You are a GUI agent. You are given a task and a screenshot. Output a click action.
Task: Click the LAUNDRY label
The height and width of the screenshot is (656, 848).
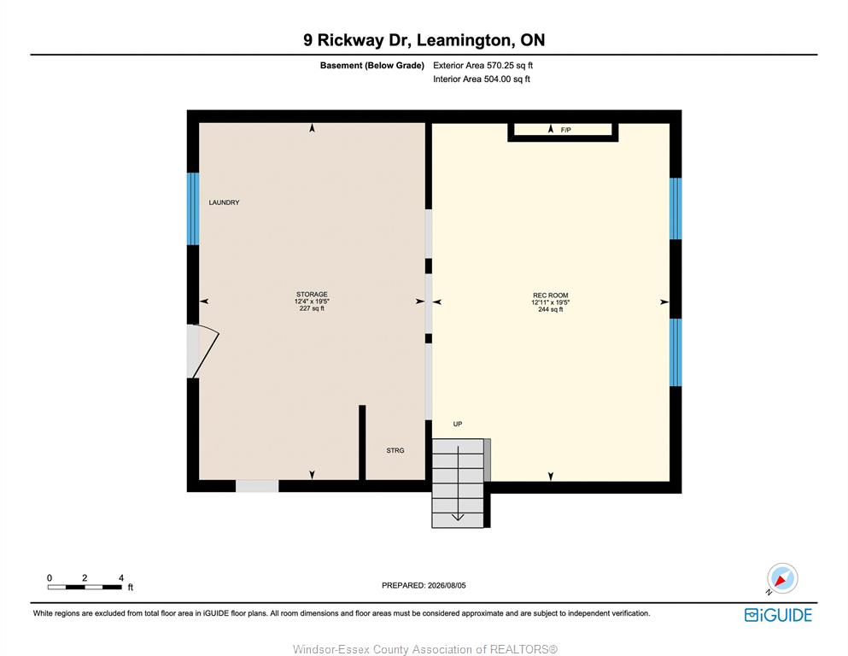tap(224, 202)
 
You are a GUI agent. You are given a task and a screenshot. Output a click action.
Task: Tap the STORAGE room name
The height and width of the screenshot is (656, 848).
tap(312, 294)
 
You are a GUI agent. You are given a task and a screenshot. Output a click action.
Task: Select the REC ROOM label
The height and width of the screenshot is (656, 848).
tap(551, 296)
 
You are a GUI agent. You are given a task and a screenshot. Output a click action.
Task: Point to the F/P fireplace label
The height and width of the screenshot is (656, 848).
tap(565, 130)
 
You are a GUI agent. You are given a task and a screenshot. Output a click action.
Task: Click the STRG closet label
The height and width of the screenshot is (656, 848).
tap(395, 450)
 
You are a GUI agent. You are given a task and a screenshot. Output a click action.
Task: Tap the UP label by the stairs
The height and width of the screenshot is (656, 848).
tap(458, 424)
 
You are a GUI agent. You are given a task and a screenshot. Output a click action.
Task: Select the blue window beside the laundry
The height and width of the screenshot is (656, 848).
tap(193, 208)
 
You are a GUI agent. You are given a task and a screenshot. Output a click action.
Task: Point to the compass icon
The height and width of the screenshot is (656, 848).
tap(781, 578)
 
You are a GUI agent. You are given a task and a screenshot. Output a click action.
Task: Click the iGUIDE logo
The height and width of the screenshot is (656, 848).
tap(778, 616)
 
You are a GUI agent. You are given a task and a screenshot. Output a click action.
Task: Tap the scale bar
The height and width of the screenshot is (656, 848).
tap(85, 587)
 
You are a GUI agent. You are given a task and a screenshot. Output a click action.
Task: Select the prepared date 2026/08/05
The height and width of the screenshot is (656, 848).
tap(447, 585)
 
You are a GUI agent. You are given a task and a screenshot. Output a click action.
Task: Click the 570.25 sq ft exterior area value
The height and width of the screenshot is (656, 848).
tap(510, 66)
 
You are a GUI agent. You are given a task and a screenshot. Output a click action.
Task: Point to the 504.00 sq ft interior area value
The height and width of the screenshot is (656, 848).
tap(506, 79)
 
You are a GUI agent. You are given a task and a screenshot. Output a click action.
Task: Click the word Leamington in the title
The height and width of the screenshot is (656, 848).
tap(464, 40)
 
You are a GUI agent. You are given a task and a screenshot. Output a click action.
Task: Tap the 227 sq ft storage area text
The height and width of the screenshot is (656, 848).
tap(312, 308)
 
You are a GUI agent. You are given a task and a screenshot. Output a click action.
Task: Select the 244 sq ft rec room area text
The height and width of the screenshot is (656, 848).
tap(551, 309)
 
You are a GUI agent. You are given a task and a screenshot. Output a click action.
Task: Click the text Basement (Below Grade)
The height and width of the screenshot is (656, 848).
tap(372, 66)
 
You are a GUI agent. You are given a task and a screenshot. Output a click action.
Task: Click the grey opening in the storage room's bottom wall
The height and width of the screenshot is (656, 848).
tap(257, 486)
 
